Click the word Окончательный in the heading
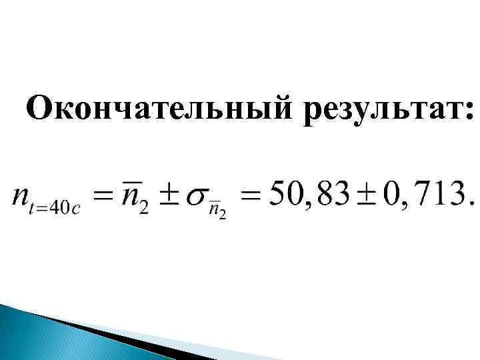click(160, 108)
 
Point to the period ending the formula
click(471, 204)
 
